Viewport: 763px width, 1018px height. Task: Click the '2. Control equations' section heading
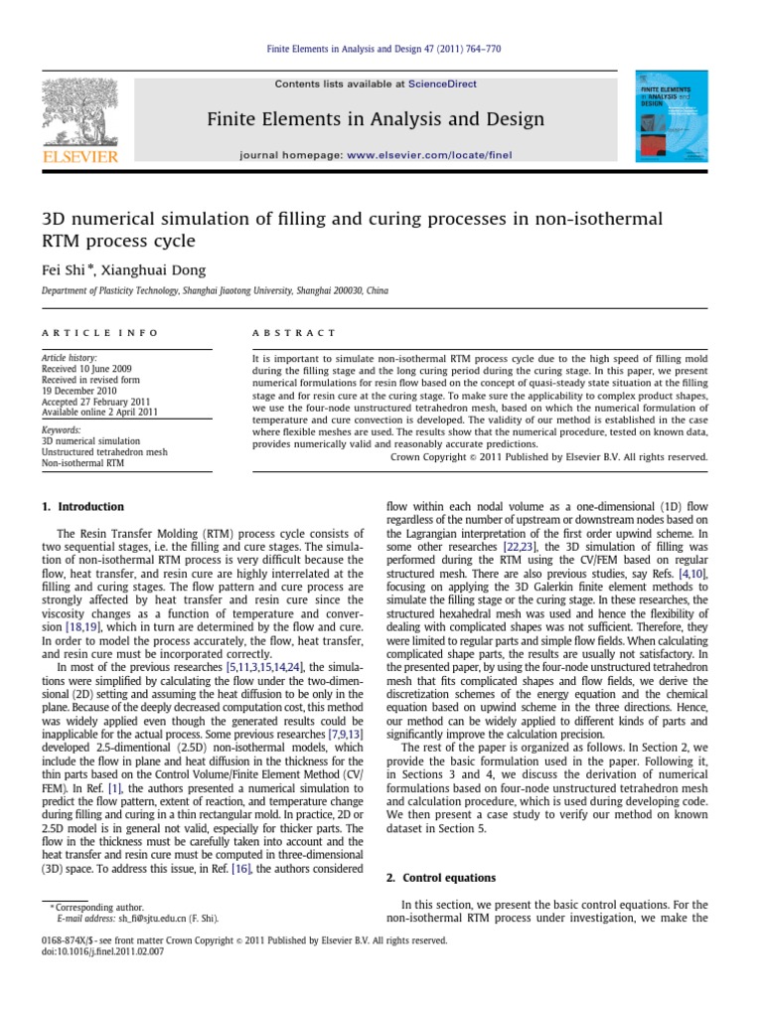[441, 878]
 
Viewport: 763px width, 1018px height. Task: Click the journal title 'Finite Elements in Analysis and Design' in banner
[375, 120]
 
